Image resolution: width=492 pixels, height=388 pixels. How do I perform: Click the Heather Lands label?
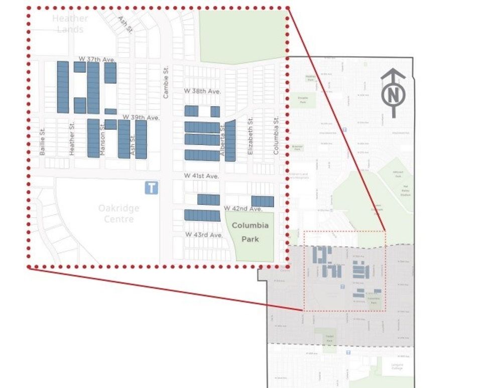pos(70,24)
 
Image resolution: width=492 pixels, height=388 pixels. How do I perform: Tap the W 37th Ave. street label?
pos(97,60)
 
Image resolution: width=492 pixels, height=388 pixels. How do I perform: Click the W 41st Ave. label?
pos(201,176)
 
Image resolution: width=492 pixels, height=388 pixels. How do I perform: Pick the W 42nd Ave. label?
pos(243,209)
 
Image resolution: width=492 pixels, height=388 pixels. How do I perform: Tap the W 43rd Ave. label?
pos(203,235)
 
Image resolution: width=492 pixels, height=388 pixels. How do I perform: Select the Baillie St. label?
pos(43,141)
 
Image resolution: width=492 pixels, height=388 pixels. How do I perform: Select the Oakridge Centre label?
pos(119,214)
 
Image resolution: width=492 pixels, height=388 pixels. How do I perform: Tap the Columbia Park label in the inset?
pos(250,232)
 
